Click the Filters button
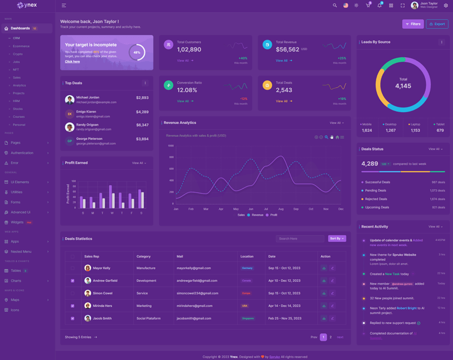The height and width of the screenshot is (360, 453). pos(413,24)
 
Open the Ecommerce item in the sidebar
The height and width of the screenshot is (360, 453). pos(22,46)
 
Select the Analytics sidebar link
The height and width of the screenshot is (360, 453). pos(19,85)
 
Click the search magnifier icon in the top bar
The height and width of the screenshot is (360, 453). pos(335,6)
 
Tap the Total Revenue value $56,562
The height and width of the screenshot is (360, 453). pos(288,50)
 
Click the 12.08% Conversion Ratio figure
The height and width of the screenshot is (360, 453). pos(187,90)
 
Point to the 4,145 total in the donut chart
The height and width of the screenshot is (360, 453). pos(403,86)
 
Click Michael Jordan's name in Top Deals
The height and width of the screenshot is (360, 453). pos(87,98)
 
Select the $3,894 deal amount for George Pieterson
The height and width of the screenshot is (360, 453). pos(142,139)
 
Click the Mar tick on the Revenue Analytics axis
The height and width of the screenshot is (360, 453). pos(206,209)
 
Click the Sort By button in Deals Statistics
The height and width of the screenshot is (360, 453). pos(337,239)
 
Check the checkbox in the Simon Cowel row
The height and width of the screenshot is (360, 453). pos(72,293)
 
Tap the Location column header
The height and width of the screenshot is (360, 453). pos(247,256)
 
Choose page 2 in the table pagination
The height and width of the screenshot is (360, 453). pos(331,337)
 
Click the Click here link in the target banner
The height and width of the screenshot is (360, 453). pos(72,62)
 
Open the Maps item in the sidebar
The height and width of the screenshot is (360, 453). pos(15,300)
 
